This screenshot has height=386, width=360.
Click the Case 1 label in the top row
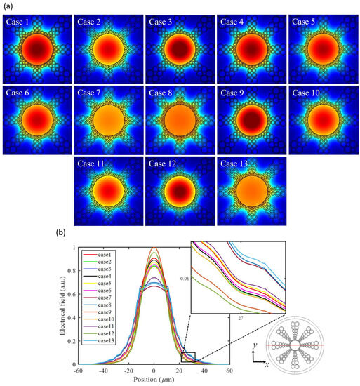click(x=18, y=22)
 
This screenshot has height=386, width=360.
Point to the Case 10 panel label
click(x=307, y=93)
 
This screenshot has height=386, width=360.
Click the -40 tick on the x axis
click(x=104, y=371)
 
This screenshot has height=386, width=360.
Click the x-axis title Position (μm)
click(x=154, y=380)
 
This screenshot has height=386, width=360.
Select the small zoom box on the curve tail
click(x=187, y=357)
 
